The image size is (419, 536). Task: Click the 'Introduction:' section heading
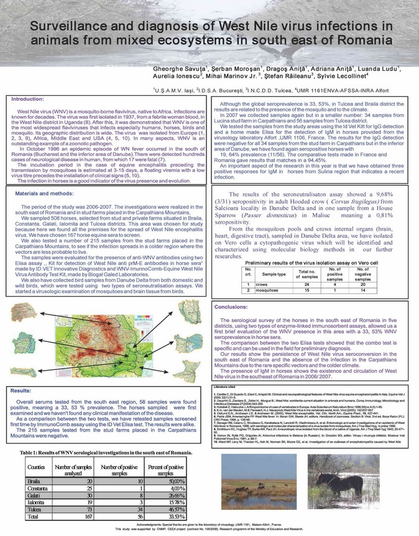click(x=27, y=98)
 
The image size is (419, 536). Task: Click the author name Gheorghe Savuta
click(x=180, y=67)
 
